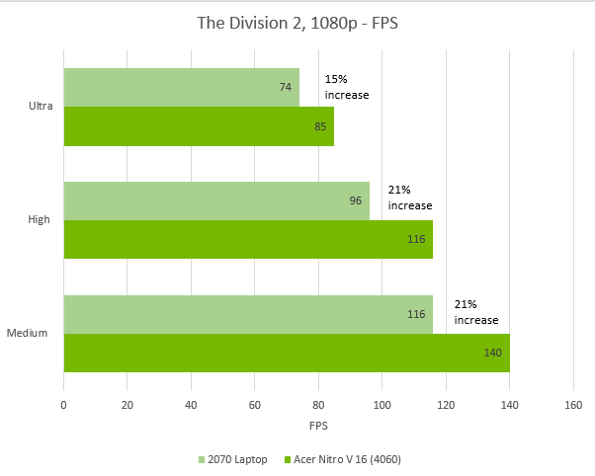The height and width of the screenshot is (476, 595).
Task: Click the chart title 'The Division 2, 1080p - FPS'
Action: pyautogui.click(x=297, y=23)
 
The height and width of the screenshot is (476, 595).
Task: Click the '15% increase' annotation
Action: pyautogui.click(x=346, y=87)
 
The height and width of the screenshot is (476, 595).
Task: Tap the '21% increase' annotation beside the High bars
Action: pyautogui.click(x=409, y=198)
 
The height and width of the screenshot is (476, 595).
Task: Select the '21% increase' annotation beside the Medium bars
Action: pyautogui.click(x=475, y=312)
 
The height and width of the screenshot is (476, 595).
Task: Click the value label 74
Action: pyautogui.click(x=285, y=87)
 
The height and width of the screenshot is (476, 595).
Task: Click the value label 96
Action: pyautogui.click(x=356, y=200)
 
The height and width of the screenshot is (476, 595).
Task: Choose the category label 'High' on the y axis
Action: pyautogui.click(x=40, y=220)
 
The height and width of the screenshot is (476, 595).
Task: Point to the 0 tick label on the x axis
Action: pyautogui.click(x=64, y=404)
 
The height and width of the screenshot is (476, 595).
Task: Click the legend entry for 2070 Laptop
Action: pyautogui.click(x=234, y=459)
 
